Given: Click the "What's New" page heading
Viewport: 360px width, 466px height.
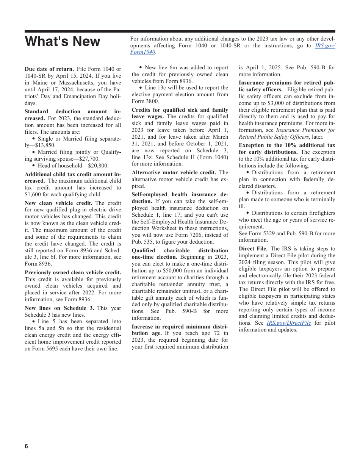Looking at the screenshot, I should pos(63,41).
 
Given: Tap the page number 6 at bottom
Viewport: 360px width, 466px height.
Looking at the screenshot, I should pos(26,446).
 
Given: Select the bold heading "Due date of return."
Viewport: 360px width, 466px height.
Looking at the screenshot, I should pos(49,69).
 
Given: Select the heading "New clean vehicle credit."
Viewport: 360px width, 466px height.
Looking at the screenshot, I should pos(58,203).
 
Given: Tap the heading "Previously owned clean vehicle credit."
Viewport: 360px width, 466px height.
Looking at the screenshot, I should pos(73,272).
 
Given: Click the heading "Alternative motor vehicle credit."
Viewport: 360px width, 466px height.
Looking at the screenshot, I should pos(174,173).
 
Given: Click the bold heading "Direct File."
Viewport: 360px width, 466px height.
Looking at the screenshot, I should pos(253,249).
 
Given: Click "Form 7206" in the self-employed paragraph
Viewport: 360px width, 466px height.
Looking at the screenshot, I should pos(184,235).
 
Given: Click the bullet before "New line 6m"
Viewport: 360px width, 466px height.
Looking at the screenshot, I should pos(141,67).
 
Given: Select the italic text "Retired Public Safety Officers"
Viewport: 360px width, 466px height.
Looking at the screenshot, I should pos(274,137).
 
